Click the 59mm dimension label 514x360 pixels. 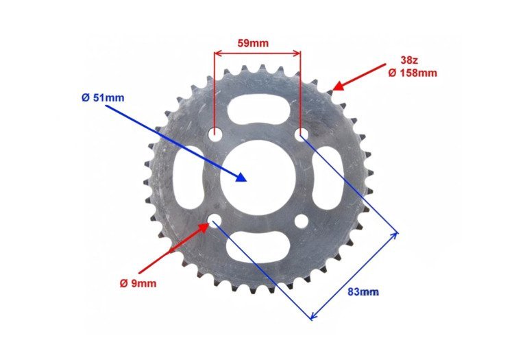pyautogui.click(x=253, y=43)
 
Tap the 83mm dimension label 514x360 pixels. pyautogui.click(x=363, y=291)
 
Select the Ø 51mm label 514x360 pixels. pyautogui.click(x=103, y=97)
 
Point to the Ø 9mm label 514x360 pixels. pyautogui.click(x=138, y=283)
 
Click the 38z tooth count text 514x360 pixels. pyautogui.click(x=409, y=60)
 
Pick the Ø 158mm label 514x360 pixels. pyautogui.click(x=413, y=73)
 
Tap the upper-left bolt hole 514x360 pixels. pyautogui.click(x=215, y=134)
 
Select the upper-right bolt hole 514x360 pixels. pyautogui.click(x=302, y=134)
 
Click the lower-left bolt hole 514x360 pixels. pyautogui.click(x=215, y=220)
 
